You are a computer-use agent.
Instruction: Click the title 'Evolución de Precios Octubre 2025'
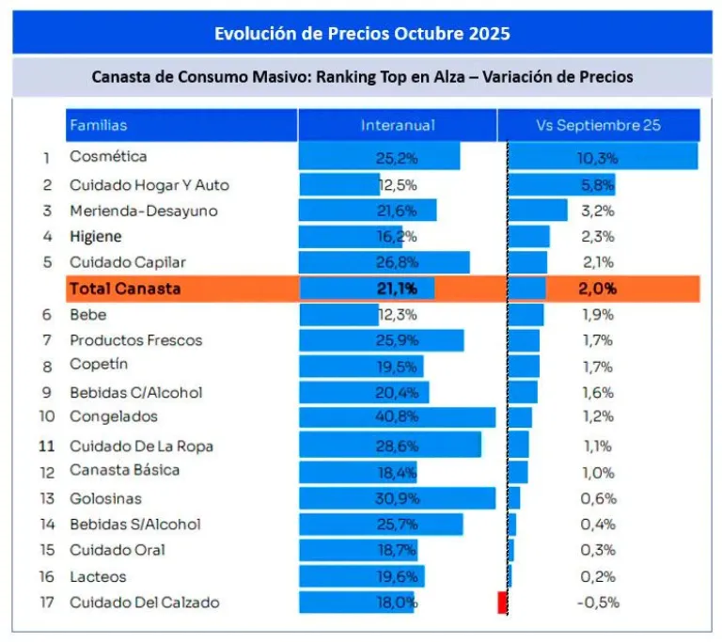(x=362, y=34)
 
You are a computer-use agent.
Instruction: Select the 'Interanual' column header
(x=398, y=125)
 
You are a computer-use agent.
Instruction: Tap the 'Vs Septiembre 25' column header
(x=598, y=125)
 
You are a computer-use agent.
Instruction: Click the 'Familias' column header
(x=98, y=125)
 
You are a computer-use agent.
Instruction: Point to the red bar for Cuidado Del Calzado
(x=502, y=603)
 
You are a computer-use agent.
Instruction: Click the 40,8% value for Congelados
(x=398, y=416)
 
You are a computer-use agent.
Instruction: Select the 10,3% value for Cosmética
(x=597, y=157)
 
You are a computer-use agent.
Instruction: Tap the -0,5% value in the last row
(x=597, y=603)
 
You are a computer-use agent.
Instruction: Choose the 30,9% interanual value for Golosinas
(x=398, y=497)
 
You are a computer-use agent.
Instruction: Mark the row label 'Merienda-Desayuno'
(x=143, y=211)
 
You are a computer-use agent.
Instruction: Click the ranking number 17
(x=46, y=603)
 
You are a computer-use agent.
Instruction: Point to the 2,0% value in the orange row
(x=597, y=289)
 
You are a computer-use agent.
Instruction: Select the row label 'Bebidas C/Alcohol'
(x=135, y=392)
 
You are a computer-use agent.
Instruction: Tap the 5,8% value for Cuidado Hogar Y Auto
(x=597, y=184)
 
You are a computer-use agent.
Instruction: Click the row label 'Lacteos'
(x=98, y=576)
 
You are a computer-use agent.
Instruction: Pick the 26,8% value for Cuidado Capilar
(x=398, y=262)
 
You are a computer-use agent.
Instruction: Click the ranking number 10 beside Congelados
(x=46, y=416)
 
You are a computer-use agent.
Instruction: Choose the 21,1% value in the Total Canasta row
(x=398, y=289)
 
